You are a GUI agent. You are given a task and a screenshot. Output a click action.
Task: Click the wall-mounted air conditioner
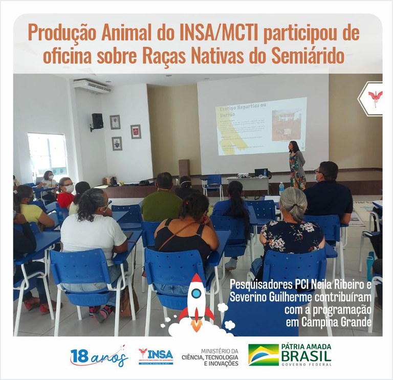point(92,86)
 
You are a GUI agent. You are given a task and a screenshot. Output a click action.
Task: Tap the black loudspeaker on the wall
point(97,121)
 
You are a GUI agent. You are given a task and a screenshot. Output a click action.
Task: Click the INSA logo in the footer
point(156,355)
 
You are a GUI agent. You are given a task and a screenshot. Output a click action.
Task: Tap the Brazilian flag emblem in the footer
point(263,355)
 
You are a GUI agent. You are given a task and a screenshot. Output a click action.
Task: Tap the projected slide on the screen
point(261,126)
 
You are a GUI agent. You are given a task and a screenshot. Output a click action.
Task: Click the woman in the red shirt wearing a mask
point(66,192)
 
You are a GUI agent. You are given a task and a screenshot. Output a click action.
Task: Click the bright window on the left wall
point(48,154)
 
